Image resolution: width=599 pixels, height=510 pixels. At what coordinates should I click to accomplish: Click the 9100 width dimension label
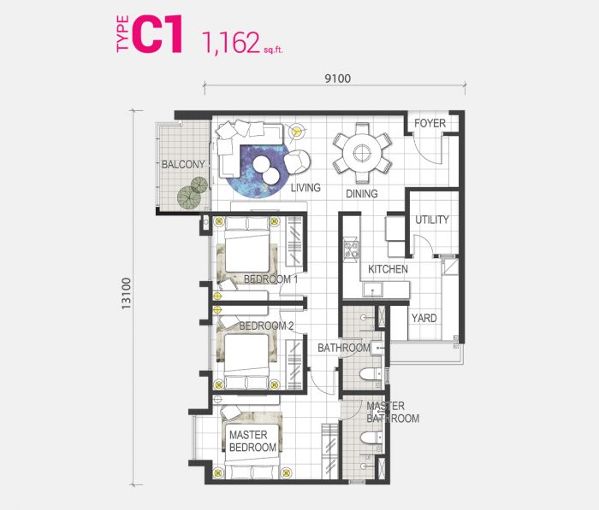pos(338,79)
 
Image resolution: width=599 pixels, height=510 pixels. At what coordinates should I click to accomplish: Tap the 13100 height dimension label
pos(126,293)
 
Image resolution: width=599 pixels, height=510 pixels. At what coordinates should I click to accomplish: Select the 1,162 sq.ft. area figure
pos(243,43)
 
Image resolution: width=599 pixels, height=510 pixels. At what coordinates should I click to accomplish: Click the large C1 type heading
pos(157,33)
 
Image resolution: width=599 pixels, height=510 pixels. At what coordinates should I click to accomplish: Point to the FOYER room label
pos(430,123)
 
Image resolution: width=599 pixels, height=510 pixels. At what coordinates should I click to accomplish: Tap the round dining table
pos(361,153)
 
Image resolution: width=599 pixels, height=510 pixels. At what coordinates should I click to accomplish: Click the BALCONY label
pos(183,164)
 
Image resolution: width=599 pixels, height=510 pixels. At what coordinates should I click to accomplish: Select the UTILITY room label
pos(431,220)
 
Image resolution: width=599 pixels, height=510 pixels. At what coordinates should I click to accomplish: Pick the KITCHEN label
pos(388,269)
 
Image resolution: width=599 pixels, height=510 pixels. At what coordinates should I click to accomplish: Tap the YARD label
pos(424,318)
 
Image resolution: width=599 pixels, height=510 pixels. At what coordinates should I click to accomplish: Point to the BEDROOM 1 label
pos(270,279)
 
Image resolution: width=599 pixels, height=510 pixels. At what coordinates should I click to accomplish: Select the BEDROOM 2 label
pos(266,326)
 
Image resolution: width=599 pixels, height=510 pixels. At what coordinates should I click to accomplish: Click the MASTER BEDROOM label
pos(252,441)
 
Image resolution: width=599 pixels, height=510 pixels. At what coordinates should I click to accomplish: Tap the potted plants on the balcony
pos(193,193)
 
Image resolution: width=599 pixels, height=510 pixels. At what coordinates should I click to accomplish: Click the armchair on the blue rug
pos(298,161)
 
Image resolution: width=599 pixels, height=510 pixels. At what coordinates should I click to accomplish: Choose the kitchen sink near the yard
pos(372,289)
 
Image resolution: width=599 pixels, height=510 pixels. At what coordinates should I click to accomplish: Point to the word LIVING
pos(305,188)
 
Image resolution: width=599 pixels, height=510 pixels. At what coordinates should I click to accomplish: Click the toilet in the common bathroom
pos(371,374)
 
